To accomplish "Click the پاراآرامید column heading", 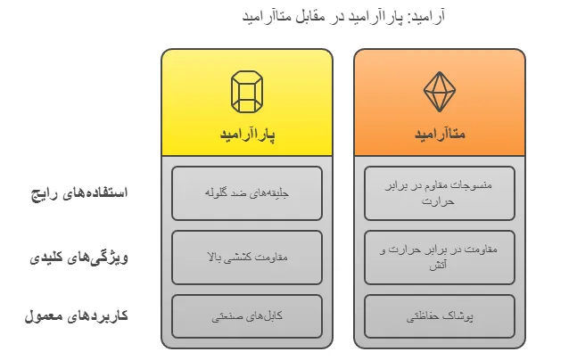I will point(247,135).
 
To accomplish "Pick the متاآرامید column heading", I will point(440,135).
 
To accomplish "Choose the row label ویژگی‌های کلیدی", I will point(86,258).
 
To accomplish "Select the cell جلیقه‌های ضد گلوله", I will point(247,193).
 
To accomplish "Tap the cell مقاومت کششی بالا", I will point(247,258).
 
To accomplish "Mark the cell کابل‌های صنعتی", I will point(247,315).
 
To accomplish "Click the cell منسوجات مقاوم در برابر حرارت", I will point(440,193).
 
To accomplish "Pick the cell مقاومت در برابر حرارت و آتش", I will point(440,258).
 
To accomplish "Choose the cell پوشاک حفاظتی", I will point(440,315).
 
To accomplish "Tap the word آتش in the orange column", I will point(440,266).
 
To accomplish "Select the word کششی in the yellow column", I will point(248,258).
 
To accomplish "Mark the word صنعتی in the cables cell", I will point(229,315).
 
